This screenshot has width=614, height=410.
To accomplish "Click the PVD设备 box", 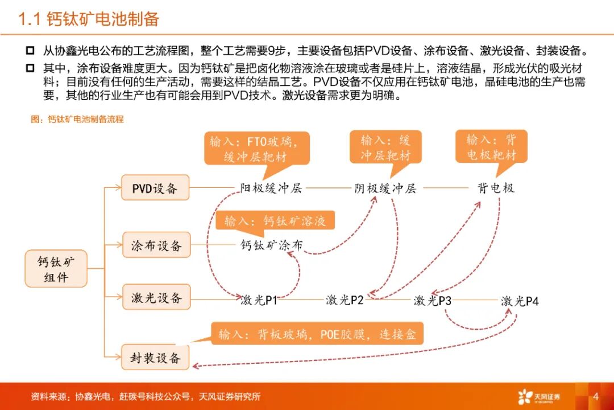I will tap(155, 188).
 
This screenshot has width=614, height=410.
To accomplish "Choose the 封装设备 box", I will tap(155, 358).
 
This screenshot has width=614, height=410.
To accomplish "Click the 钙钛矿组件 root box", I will tap(55, 269).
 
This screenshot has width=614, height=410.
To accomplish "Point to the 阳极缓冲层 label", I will tap(271, 188).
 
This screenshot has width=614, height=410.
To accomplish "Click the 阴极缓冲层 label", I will tap(385, 188).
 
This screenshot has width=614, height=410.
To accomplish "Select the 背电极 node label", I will tap(496, 187).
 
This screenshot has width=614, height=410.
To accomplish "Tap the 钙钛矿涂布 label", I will tap(272, 245).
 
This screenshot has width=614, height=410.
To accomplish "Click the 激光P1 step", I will tap(259, 300).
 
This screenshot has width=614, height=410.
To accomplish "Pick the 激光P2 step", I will tap(345, 300).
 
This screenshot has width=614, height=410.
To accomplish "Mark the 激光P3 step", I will tap(432, 300).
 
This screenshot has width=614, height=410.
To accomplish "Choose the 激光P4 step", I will tap(520, 301).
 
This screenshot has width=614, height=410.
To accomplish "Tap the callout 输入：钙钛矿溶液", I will tap(275, 221).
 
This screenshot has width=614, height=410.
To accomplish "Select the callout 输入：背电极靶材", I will tap(491, 147).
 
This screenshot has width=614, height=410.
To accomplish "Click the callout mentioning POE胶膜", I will tap(318, 334).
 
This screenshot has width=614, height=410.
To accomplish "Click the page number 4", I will tap(596, 396).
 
